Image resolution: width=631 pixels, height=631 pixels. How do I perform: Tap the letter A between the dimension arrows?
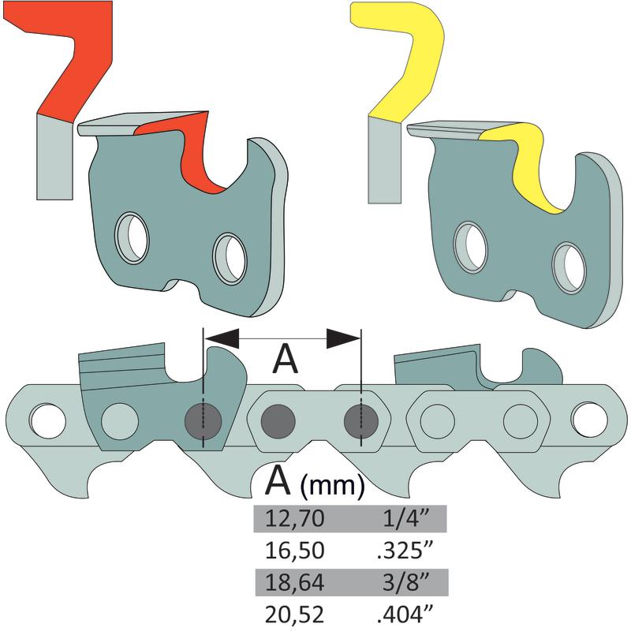click(284, 360)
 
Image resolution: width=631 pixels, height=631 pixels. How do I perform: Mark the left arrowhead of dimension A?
click(222, 338)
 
